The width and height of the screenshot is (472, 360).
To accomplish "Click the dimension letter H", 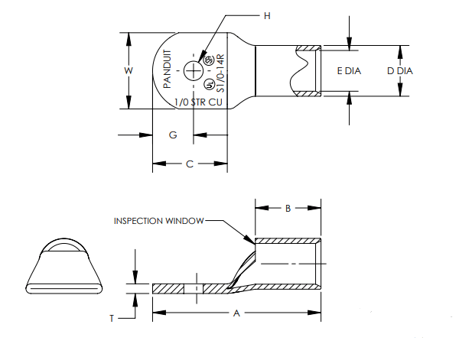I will pyautogui.click(x=267, y=15).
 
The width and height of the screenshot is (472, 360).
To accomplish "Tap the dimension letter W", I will pyautogui.click(x=129, y=70).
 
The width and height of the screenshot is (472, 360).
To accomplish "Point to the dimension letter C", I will pyautogui.click(x=190, y=163).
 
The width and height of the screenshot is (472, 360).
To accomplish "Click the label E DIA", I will pyautogui.click(x=349, y=70).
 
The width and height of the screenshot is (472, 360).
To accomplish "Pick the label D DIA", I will pyautogui.click(x=400, y=70).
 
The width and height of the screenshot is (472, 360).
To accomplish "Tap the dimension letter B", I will pyautogui.click(x=287, y=207).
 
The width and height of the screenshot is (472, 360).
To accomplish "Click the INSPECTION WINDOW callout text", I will pyautogui.click(x=159, y=221).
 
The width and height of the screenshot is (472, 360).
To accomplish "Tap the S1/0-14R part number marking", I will pyautogui.click(x=221, y=73).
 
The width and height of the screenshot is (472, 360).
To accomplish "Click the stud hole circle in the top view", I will pyautogui.click(x=194, y=70).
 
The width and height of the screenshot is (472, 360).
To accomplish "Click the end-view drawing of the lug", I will pyautogui.click(x=63, y=270).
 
